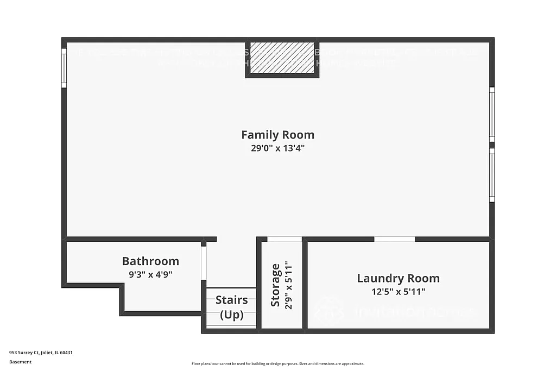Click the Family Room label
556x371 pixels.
point(277,135)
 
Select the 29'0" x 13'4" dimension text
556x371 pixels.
point(277,148)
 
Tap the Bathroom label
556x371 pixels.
point(150,261)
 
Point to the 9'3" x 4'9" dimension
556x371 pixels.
point(150,274)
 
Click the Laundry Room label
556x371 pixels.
point(398,279)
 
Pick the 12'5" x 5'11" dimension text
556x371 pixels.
point(398,292)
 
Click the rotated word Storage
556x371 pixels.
point(276,285)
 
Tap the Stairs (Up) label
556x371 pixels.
point(231,307)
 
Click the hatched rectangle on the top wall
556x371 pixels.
point(282,57)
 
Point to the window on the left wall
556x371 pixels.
point(64,68)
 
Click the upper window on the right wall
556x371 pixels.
point(492,114)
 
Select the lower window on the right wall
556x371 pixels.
point(492,175)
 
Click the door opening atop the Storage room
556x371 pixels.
point(285,239)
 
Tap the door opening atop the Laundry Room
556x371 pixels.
point(395,239)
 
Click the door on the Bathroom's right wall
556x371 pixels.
point(204,263)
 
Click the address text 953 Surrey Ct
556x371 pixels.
point(41,353)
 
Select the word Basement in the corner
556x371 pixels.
point(20,362)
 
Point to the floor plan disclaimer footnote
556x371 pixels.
point(277,364)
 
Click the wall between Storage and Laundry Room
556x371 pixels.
point(305,285)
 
